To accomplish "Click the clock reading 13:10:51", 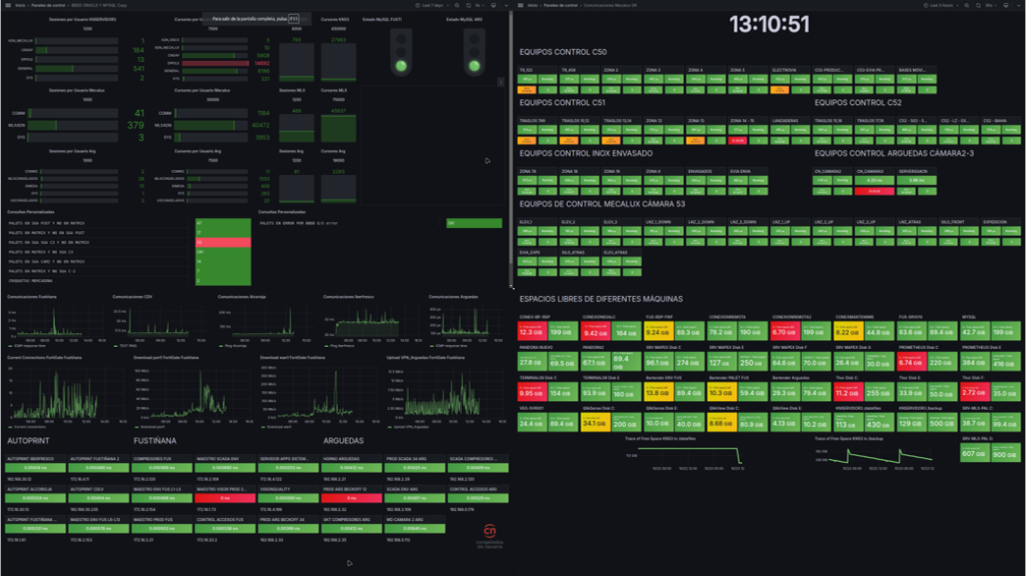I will (769, 25).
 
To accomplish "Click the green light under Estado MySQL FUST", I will (401, 67).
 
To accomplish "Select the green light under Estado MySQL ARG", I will (475, 67).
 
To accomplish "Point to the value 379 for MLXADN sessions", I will (135, 126).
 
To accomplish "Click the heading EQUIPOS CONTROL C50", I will (563, 51).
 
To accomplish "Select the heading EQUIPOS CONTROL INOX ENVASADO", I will (586, 153).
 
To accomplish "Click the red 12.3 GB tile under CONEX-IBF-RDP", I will (532, 333).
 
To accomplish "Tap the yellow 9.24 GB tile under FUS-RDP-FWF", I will (658, 333).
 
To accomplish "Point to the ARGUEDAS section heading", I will (343, 441).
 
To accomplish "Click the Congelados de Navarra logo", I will (488, 536).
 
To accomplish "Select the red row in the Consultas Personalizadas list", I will (223, 242).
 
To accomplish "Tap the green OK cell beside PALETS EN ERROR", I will (474, 223).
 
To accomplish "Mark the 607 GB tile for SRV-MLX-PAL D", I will (973, 454).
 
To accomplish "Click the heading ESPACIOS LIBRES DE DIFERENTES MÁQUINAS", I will (600, 299).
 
